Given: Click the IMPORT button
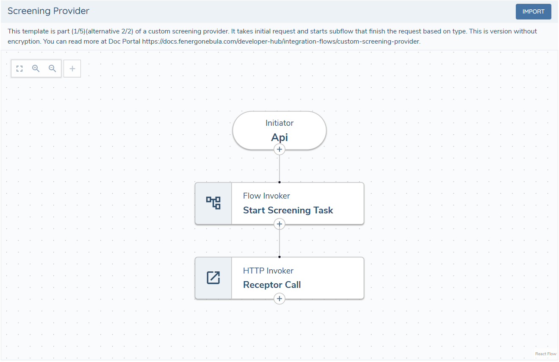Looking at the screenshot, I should pos(533,12).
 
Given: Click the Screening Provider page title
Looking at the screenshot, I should pos(48,11).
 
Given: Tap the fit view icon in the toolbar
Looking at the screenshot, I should pos(19,69).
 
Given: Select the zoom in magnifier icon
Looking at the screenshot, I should pos(36,69).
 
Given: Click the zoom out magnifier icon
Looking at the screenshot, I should pos(53,69).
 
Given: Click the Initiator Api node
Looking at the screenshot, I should pos(279,130).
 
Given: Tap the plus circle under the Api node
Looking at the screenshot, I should pos(279,149).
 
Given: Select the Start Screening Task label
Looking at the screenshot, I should pos(288,210).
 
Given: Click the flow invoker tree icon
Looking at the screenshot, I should pos(213,203).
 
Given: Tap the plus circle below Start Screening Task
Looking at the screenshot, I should pos(279,224).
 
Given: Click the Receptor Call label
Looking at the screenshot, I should pos(272,285).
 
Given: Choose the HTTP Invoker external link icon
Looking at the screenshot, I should pos(213,278).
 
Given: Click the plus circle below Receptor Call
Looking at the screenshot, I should pos(279,299).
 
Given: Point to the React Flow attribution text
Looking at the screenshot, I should pos(545,354).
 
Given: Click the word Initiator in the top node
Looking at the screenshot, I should pos(279,123).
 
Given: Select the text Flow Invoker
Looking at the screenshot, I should pos(266,196).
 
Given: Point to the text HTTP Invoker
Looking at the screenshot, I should pos(268,271).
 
